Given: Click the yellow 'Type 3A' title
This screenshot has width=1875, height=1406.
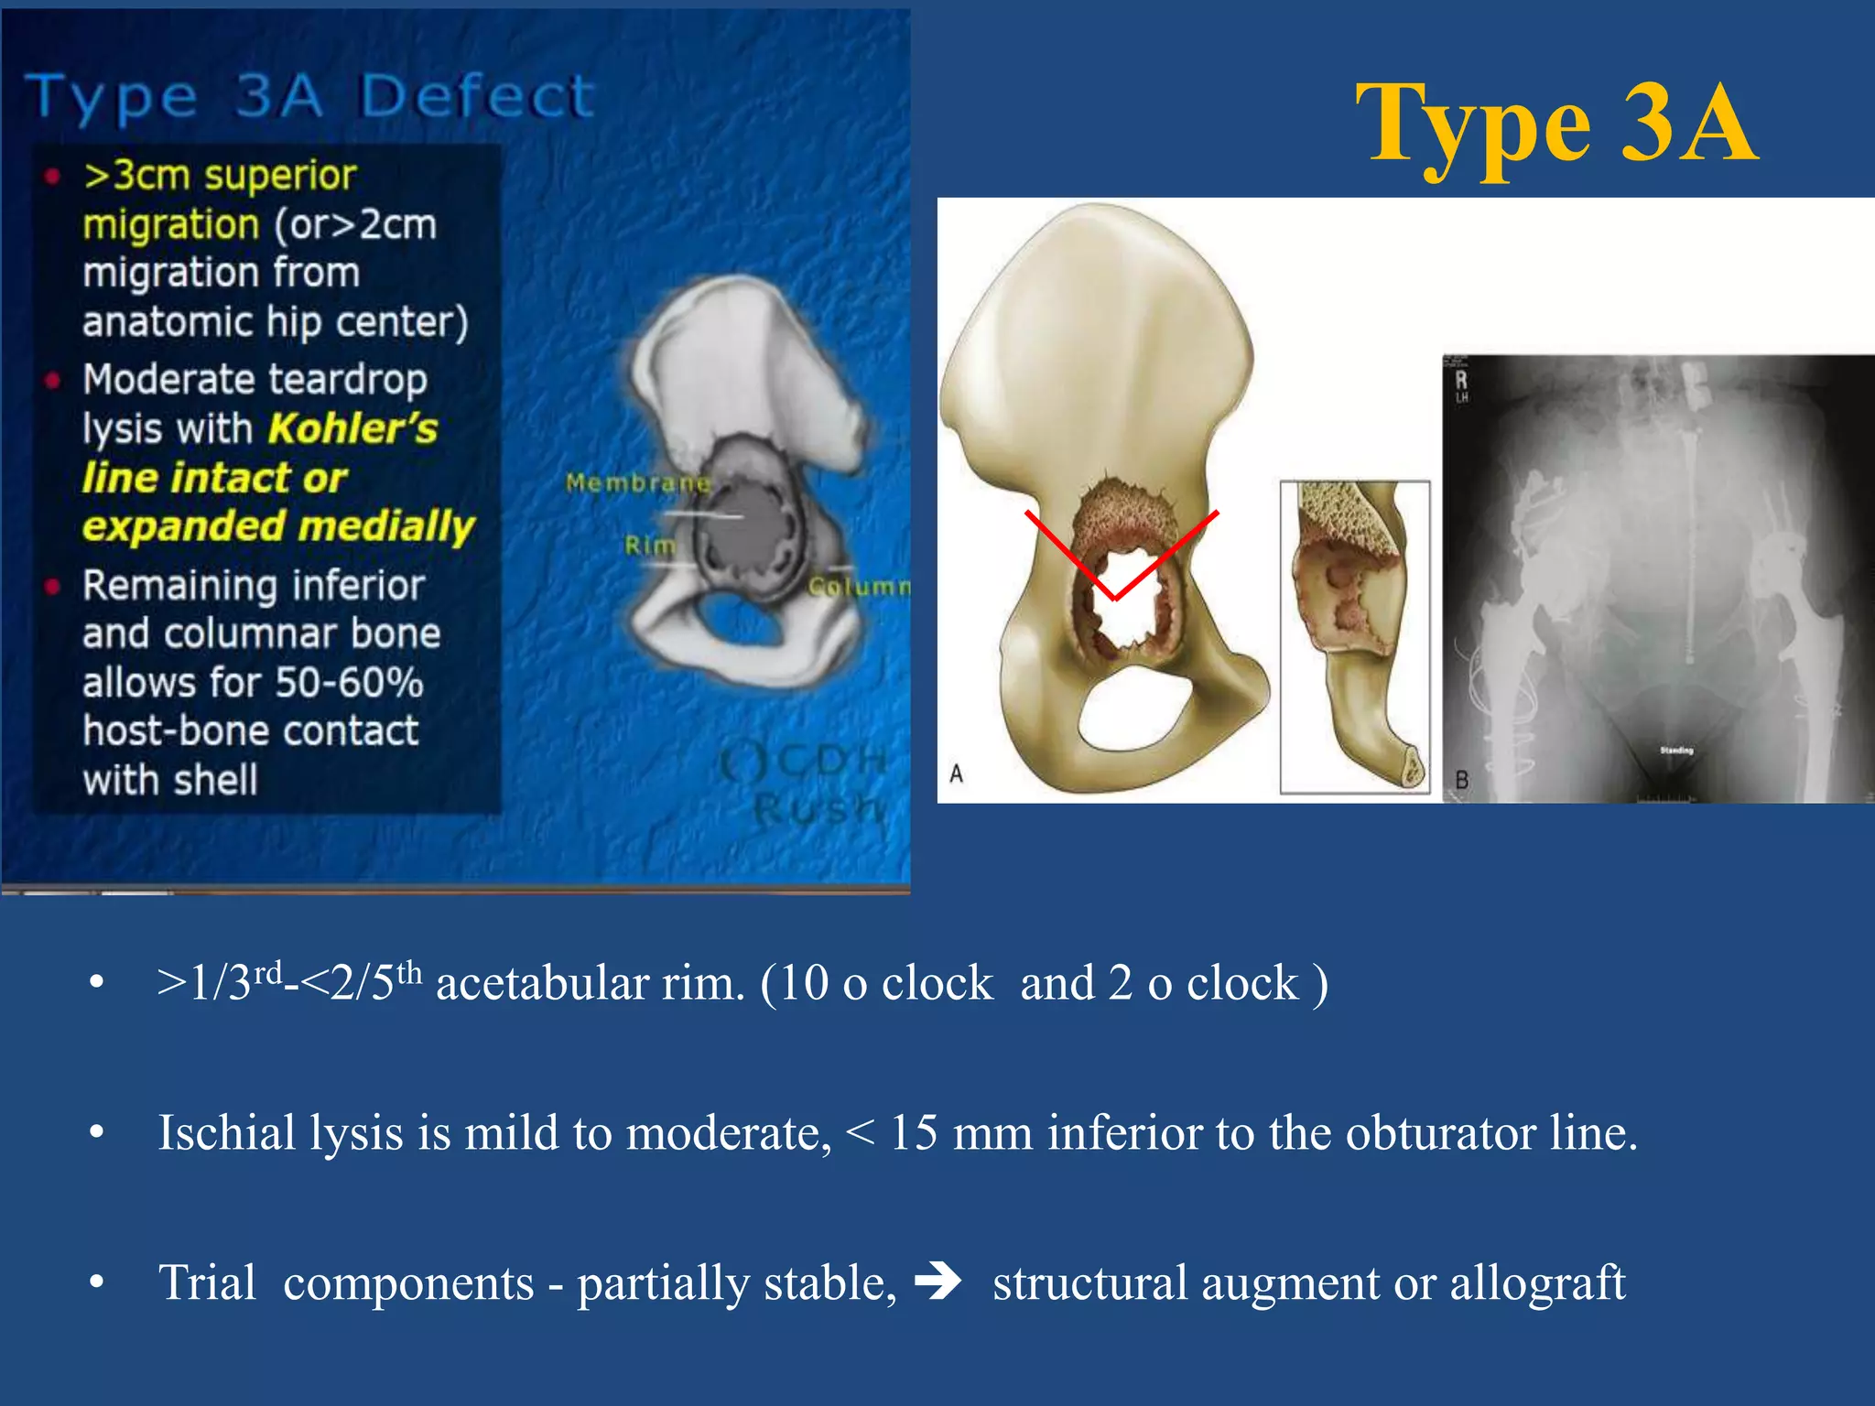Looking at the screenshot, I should pyautogui.click(x=1555, y=124).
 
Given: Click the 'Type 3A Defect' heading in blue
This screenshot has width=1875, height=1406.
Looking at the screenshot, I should pyautogui.click(x=311, y=96).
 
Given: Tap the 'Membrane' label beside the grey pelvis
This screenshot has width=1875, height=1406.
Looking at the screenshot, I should pyautogui.click(x=638, y=482).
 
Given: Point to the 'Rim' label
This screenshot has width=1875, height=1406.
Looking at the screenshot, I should pyautogui.click(x=649, y=546).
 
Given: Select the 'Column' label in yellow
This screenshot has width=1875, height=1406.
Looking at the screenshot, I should pyautogui.click(x=858, y=586).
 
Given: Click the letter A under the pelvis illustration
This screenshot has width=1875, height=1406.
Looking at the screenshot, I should pyautogui.click(x=957, y=773).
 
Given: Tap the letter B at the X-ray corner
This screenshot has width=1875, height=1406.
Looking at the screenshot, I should pyautogui.click(x=1462, y=780).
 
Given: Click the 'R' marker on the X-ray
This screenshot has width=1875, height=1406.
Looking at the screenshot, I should pyautogui.click(x=1461, y=380).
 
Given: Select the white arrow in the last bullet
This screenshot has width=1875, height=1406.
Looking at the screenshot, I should pyautogui.click(x=938, y=1282).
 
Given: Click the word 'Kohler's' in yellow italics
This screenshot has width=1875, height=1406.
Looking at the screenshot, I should pyautogui.click(x=353, y=429).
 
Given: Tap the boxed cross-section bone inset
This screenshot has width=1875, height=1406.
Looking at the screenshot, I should pyautogui.click(x=1354, y=636).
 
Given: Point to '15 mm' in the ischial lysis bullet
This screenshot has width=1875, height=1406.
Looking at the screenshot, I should pyautogui.click(x=960, y=1133).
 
